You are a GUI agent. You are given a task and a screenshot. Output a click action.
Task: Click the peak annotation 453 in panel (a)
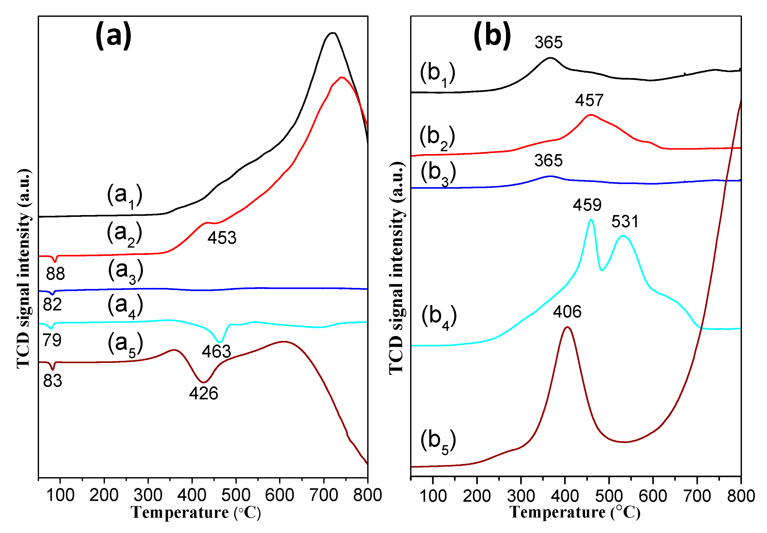(x=222, y=238)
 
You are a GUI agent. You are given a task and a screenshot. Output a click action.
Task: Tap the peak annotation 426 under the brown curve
(x=203, y=394)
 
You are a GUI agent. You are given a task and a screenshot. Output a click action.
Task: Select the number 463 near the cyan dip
(x=216, y=352)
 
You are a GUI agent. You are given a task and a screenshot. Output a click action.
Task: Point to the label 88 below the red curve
(x=55, y=274)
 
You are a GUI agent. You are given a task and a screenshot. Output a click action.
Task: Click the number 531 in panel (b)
(x=624, y=222)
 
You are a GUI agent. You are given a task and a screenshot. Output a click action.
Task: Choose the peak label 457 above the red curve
(x=589, y=100)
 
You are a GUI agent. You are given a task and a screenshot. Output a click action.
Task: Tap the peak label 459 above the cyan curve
(x=587, y=205)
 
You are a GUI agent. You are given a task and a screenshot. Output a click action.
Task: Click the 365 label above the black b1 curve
(x=548, y=42)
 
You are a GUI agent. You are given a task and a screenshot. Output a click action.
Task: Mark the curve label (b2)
(x=437, y=138)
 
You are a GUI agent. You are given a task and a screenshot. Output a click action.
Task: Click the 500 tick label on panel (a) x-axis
(x=235, y=495)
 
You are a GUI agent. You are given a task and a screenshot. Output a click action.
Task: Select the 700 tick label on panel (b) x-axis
(x=697, y=496)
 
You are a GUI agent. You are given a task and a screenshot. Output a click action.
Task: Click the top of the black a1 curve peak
(x=332, y=33)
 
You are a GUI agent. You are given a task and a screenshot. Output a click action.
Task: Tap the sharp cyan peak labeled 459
(x=591, y=220)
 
